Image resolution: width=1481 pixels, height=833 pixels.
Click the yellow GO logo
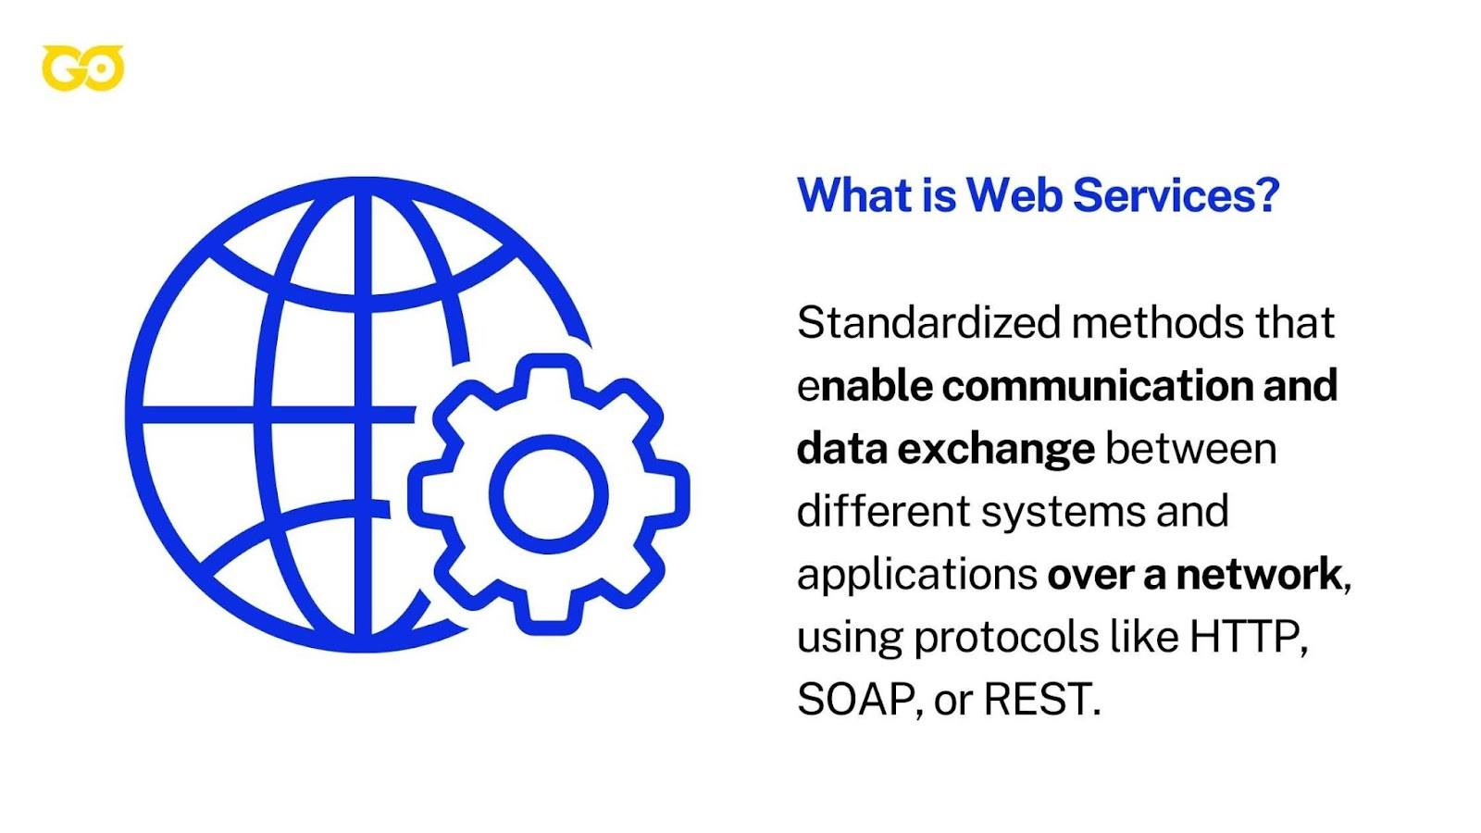click(x=82, y=68)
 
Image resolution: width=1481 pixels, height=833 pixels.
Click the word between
click(x=1191, y=449)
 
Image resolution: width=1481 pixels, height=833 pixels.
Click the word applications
click(x=916, y=576)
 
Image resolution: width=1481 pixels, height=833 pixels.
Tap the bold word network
click(x=1258, y=575)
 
